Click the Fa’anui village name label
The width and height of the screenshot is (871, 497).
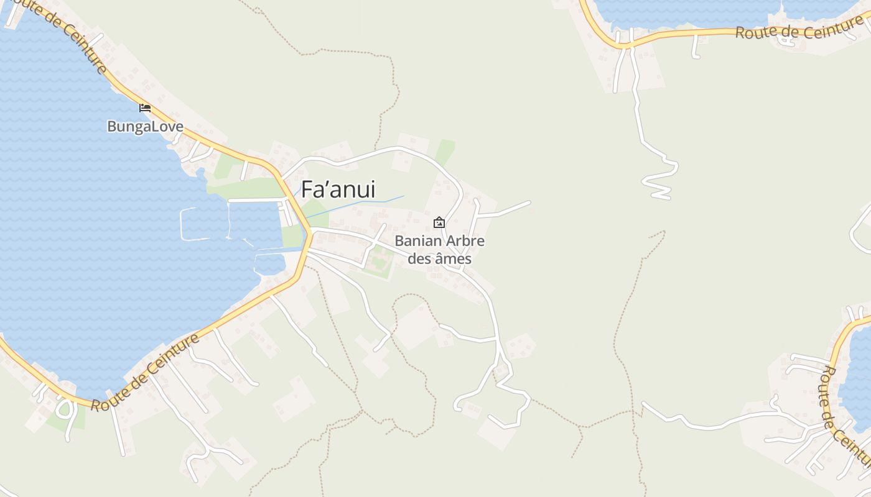[338, 189]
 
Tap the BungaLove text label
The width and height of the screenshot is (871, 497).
[145, 127]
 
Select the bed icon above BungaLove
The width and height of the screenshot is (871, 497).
[145, 107]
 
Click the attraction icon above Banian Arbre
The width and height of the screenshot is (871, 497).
[439, 222]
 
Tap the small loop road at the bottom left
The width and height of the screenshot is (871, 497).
[65, 409]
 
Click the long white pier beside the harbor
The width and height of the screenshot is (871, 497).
[255, 200]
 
